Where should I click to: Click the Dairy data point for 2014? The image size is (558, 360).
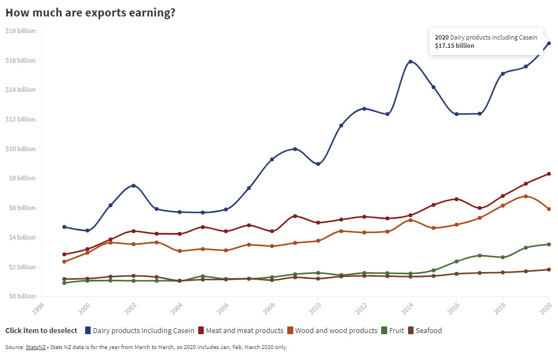click(410, 62)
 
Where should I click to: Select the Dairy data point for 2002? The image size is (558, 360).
click(133, 186)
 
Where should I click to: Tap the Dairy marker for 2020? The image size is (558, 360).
click(549, 43)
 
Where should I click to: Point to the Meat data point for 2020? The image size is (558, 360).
click(549, 174)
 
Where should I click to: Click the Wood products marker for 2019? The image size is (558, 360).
click(526, 196)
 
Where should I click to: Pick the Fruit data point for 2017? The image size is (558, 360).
click(479, 256)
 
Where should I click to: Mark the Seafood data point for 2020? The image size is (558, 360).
click(549, 270)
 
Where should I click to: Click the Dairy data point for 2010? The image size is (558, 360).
click(318, 164)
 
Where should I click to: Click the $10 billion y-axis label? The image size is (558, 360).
click(20, 149)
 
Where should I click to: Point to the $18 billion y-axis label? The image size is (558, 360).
click(20, 31)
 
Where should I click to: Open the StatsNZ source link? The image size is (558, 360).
click(36, 347)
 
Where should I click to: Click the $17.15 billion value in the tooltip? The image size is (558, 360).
click(454, 46)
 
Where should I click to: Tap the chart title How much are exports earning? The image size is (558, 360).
click(91, 12)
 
